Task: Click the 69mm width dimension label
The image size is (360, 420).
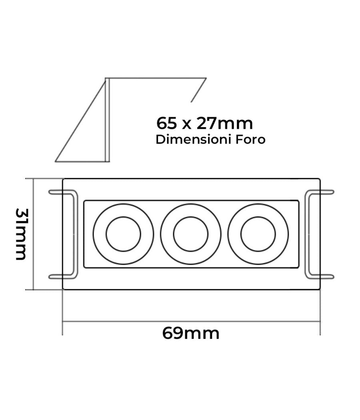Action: tap(191, 333)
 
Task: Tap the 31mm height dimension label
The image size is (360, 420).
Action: tap(21, 234)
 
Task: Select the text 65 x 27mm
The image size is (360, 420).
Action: tap(204, 123)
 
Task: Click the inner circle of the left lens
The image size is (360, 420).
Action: tap(123, 234)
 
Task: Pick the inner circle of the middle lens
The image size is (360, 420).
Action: tap(191, 234)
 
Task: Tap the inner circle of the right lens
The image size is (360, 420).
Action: tap(258, 234)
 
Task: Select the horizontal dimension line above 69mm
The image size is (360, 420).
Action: tap(191, 321)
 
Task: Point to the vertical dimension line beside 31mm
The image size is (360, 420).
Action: tap(34, 234)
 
